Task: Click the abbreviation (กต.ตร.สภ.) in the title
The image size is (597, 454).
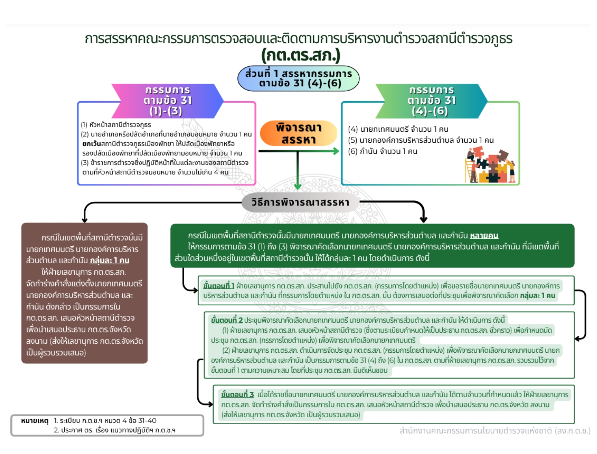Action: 301,55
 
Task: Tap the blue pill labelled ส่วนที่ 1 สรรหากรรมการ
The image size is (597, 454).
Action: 299,78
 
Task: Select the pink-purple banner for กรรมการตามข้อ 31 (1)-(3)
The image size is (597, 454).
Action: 168,101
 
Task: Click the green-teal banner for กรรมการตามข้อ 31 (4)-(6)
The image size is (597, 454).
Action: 431,101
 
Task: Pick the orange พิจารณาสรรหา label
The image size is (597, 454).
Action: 299,133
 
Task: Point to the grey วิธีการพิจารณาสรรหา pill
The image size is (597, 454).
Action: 300,202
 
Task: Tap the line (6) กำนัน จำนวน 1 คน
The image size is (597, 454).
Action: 383,151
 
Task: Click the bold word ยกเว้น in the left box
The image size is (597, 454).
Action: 91,144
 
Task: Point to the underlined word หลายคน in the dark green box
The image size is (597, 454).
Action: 484,235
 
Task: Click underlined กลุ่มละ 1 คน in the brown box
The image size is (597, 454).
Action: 110,260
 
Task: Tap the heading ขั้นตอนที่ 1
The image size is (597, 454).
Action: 219,286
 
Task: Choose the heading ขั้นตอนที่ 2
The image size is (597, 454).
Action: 227,320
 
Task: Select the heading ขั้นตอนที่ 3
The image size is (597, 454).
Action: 237,395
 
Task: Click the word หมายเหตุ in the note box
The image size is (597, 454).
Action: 35,421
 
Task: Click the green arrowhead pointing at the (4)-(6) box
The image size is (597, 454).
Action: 336,151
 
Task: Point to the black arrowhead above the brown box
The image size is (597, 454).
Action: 84,220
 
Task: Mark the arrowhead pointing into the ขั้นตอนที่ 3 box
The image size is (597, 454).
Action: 210,404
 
